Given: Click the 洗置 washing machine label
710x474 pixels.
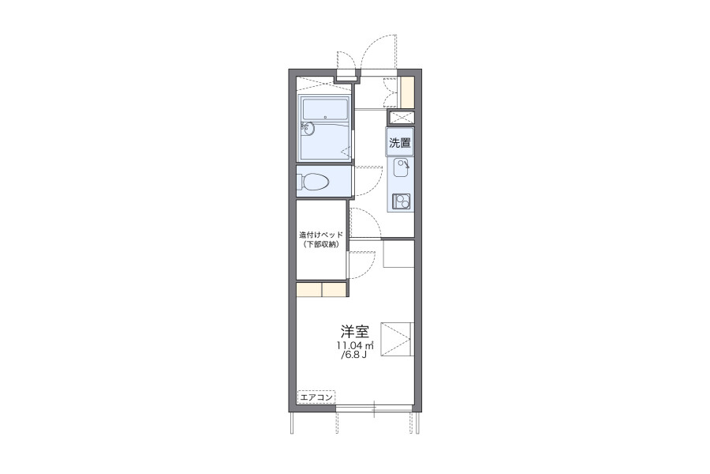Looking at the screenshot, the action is [400, 143].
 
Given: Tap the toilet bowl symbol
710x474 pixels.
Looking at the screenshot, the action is [315, 182].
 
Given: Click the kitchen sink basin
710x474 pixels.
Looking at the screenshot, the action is [401, 167].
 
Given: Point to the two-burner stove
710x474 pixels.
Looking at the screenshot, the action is [402, 201].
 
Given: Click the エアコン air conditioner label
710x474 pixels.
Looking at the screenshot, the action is [316, 397].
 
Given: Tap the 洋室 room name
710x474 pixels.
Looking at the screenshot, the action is [354, 332].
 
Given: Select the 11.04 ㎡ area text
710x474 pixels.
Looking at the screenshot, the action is [354, 346].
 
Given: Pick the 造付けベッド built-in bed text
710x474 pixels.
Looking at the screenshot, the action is [322, 235].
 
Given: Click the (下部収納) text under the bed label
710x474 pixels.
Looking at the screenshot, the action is [322, 244].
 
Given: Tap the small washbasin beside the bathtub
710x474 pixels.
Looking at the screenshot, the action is [306, 130].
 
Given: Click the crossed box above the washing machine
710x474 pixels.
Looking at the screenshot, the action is [401, 117].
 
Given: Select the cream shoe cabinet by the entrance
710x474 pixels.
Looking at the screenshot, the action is [408, 92].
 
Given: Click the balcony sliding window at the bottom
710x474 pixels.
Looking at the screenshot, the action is [374, 408].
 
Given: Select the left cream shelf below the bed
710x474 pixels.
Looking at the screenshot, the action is [308, 289].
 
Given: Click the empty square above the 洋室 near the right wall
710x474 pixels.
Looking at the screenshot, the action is [398, 254].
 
